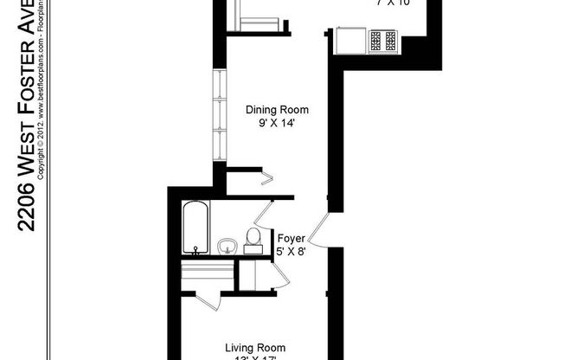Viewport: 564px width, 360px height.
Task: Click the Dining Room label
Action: point(276,110)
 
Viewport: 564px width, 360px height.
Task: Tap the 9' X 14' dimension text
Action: point(276,123)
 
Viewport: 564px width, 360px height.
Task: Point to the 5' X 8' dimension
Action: point(290,251)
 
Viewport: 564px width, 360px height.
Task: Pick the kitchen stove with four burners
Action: point(382,40)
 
